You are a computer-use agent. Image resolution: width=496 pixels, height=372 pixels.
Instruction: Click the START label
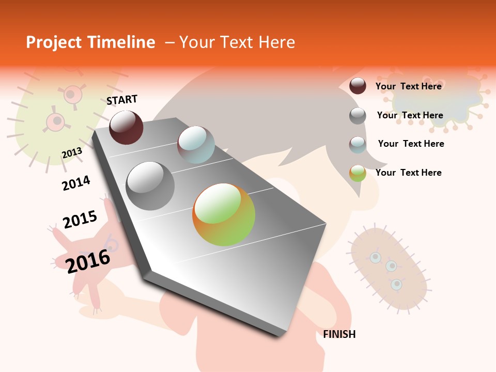click(x=122, y=100)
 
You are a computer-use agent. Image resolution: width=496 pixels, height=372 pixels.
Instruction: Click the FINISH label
click(x=339, y=334)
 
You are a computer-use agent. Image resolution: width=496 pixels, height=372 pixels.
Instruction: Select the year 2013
click(x=72, y=153)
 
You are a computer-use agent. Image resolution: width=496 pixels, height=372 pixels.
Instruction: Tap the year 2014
click(x=76, y=183)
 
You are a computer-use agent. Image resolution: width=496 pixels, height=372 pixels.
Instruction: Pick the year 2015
click(x=80, y=219)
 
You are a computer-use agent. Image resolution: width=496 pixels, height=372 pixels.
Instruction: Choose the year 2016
click(x=88, y=260)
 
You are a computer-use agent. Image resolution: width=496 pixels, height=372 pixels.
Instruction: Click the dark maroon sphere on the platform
click(x=126, y=127)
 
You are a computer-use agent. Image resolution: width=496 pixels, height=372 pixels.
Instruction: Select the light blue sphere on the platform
click(x=196, y=145)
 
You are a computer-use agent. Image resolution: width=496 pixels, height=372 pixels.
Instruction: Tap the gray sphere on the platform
click(x=150, y=186)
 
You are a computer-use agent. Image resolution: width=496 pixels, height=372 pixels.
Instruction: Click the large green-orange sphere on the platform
click(x=224, y=214)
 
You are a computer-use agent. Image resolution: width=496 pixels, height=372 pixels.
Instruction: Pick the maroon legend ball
click(x=358, y=86)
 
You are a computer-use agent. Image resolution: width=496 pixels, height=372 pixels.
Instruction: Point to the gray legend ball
click(x=358, y=116)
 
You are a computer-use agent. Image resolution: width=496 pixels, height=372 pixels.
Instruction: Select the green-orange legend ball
click(x=358, y=173)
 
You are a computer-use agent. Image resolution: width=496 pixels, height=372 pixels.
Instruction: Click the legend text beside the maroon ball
click(x=408, y=86)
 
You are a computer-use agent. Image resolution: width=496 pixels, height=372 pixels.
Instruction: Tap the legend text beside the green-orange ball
click(x=408, y=173)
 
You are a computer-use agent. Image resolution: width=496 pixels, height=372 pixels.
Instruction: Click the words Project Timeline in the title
click(x=90, y=42)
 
